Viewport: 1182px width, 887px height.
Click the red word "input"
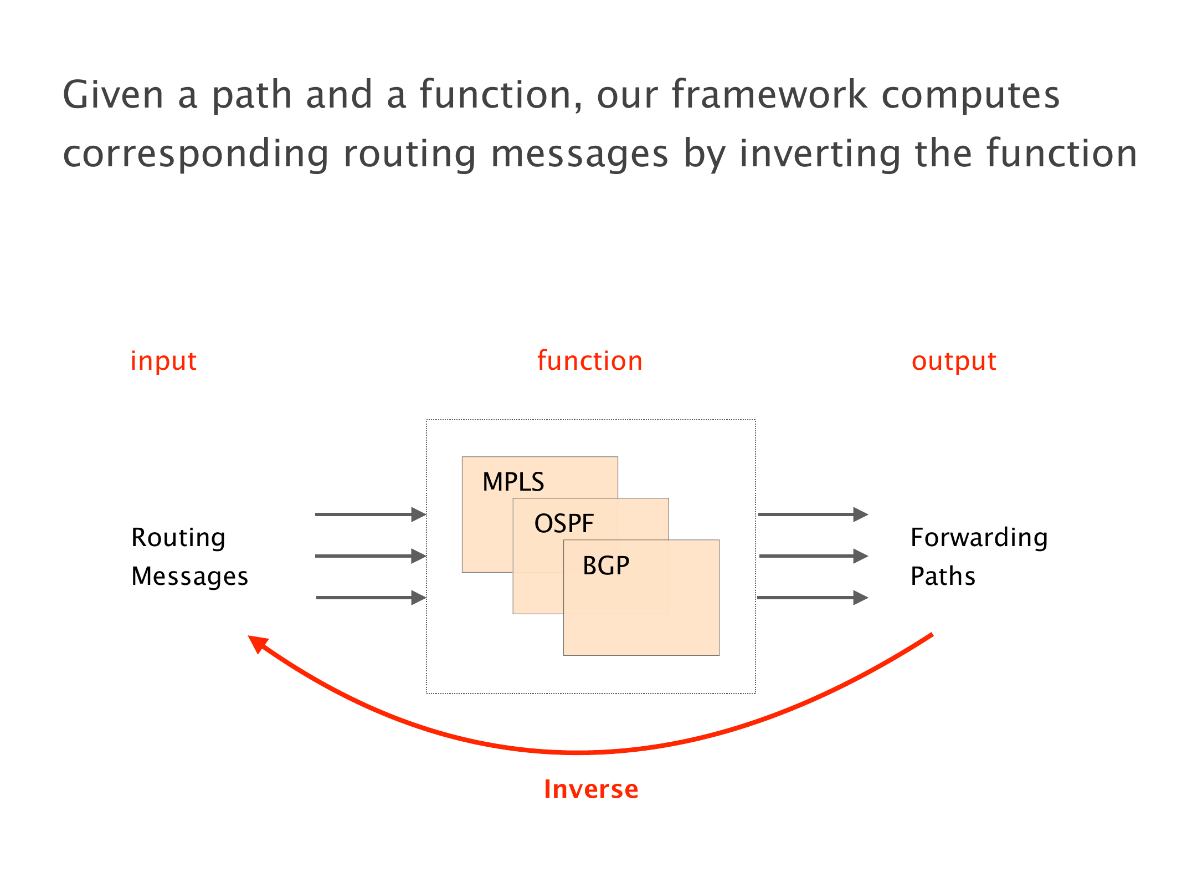tap(163, 361)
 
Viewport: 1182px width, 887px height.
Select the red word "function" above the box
tap(590, 361)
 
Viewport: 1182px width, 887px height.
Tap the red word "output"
tap(954, 361)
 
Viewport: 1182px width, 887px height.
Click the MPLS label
tap(513, 482)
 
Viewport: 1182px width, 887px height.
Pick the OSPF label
tap(564, 523)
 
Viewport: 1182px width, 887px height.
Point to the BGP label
tap(606, 565)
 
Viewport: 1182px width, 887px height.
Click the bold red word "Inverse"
tap(591, 789)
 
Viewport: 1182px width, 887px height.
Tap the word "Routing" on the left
tap(178, 538)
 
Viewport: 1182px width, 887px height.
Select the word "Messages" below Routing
tap(190, 577)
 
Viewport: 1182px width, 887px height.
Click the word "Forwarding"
tap(979, 538)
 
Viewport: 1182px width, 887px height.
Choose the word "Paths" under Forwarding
tap(943, 577)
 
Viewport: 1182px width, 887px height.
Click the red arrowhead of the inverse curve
tap(258, 644)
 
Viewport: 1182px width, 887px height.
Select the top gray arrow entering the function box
tap(370, 514)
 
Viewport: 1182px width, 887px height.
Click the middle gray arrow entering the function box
tap(370, 556)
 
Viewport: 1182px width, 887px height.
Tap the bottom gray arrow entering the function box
tap(370, 598)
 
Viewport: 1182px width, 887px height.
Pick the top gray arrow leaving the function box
tap(812, 514)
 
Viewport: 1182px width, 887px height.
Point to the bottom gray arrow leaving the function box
tap(812, 598)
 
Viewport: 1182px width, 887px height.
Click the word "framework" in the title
tap(769, 95)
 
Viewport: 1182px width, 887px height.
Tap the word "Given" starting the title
tap(113, 95)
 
